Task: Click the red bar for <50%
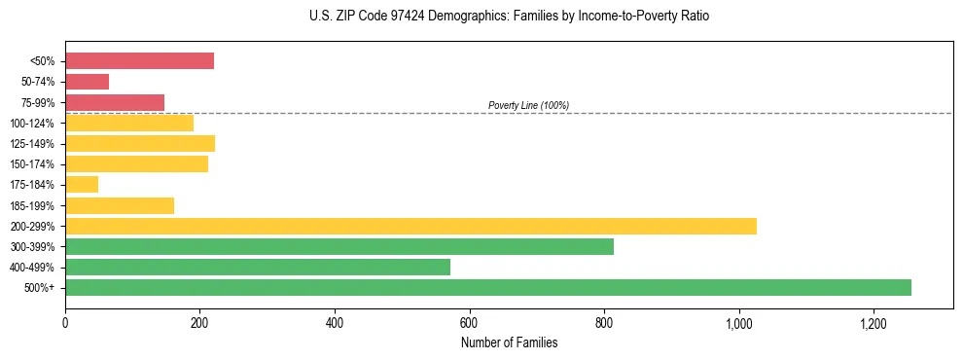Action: (139, 61)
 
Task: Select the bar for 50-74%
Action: (87, 82)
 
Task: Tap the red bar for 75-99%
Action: (115, 102)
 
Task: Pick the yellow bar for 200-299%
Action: (410, 226)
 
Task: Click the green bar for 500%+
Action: (487, 287)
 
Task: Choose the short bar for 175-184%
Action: (82, 185)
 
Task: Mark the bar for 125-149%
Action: (140, 143)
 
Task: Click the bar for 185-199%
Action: (120, 205)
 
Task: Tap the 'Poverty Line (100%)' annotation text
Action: (528, 105)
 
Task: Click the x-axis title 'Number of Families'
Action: (509, 342)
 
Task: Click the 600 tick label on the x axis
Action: (469, 322)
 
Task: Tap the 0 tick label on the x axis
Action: (65, 322)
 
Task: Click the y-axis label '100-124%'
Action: (32, 124)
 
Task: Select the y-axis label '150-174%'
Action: (32, 164)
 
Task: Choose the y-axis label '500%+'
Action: (39, 288)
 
